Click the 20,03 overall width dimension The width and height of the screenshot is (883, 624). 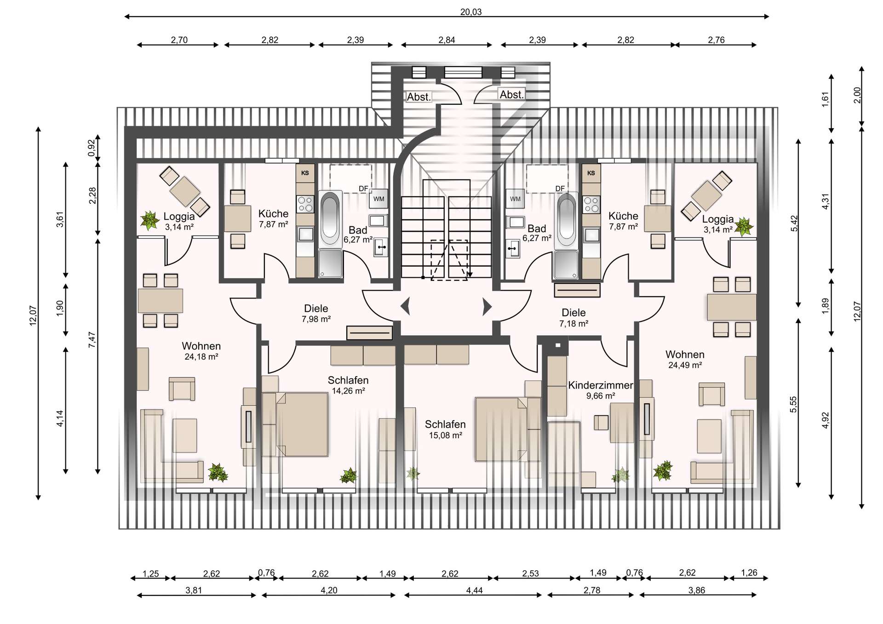point(471,12)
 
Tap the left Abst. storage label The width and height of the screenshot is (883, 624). point(419,97)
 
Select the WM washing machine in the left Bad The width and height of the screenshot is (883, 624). point(378,199)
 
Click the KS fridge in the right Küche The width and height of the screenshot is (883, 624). point(591,173)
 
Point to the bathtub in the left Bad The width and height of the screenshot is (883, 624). point(330,219)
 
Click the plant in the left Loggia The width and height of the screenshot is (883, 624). point(149,221)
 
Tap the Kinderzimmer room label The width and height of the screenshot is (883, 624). point(600,385)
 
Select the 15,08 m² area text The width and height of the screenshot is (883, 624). point(445,435)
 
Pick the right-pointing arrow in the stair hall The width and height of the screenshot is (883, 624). point(487,307)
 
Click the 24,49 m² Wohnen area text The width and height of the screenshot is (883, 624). point(685,365)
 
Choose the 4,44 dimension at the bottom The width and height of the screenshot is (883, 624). point(474,590)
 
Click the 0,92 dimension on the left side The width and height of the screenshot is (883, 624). point(92,148)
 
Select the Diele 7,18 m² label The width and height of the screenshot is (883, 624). point(573,318)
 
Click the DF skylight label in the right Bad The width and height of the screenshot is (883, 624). point(560,189)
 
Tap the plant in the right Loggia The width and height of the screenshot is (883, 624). point(743,227)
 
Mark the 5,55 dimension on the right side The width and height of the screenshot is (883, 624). point(793,404)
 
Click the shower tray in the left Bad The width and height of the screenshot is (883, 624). point(331,263)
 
